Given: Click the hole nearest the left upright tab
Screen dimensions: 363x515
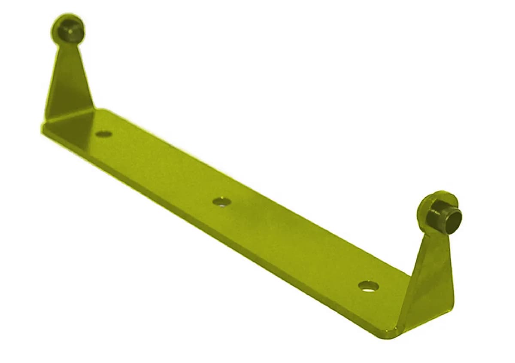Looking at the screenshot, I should tap(103, 134).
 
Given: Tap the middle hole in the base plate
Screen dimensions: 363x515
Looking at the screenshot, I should tap(221, 201).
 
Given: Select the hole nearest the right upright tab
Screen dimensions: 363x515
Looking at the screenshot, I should tap(368, 286).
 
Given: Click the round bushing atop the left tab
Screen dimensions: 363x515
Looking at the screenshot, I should tap(68, 29).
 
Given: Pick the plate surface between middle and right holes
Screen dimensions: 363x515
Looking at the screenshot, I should tap(296, 243).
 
